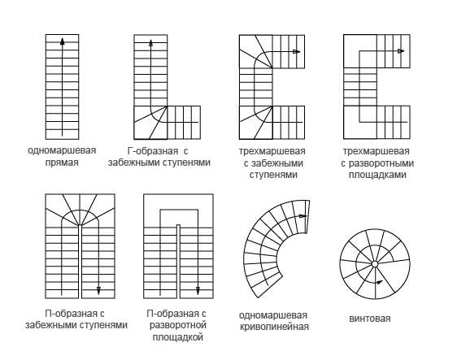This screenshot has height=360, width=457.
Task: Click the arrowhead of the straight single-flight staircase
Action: (62, 41)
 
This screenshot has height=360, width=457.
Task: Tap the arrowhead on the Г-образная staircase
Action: (150, 43)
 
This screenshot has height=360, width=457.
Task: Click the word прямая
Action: (62, 163)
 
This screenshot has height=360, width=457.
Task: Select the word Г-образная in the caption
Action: (153, 151)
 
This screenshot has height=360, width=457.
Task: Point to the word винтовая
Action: (369, 319)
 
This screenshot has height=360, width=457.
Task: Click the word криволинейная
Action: (274, 327)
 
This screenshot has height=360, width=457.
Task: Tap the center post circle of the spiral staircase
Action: (375, 264)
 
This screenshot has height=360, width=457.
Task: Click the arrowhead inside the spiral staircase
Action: (380, 282)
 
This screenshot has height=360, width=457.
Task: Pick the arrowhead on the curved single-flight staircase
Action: (303, 216)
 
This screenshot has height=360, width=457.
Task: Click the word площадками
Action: (377, 175)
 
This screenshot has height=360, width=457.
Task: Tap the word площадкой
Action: (178, 337)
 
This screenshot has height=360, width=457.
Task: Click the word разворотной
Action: (178, 325)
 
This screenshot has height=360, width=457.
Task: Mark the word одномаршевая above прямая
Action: (62, 150)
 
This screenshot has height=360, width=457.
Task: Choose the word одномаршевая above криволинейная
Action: (273, 315)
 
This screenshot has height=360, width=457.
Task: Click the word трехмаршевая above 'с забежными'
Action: (272, 151)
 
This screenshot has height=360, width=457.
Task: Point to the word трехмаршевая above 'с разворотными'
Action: (376, 151)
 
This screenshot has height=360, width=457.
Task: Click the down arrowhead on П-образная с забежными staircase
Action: (98, 291)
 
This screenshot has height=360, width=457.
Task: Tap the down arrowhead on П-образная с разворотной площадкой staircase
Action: (198, 291)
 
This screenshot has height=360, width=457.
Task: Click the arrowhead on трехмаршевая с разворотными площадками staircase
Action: (401, 51)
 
